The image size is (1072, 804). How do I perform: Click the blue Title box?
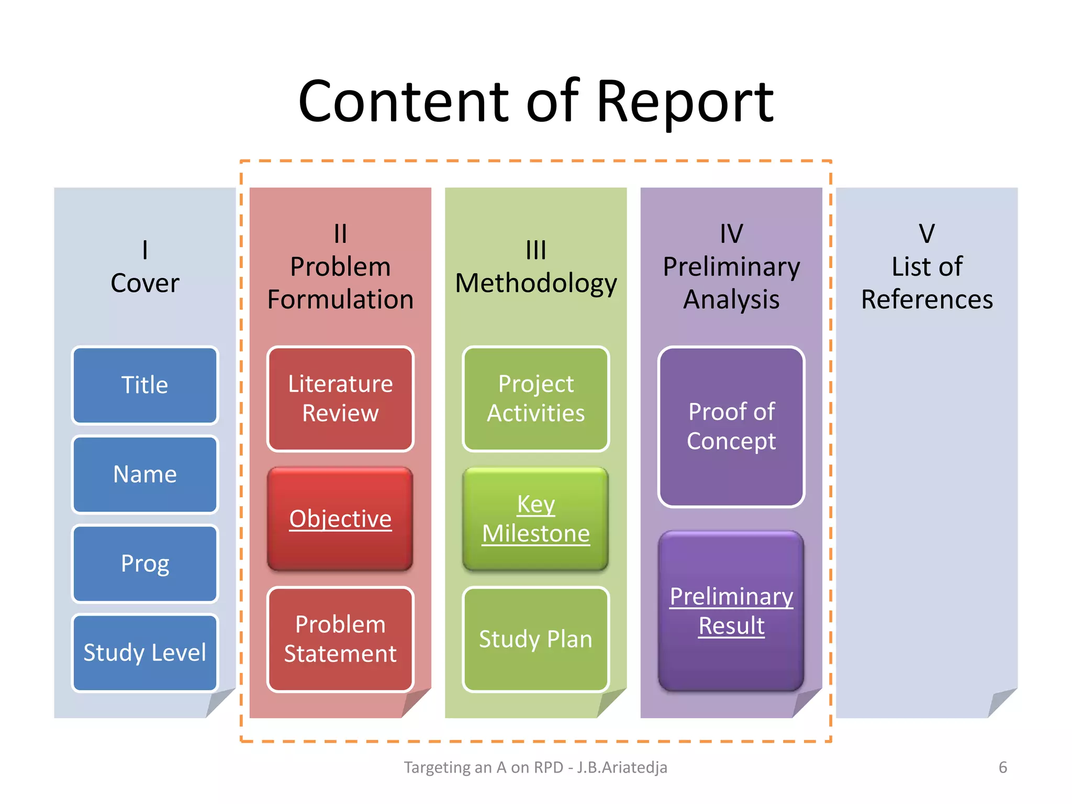click(145, 385)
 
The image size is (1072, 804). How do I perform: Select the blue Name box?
click(145, 474)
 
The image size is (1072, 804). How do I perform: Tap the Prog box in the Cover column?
click(145, 564)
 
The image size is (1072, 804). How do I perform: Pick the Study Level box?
click(145, 653)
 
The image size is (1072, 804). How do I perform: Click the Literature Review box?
click(340, 399)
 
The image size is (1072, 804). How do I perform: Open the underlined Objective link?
click(340, 519)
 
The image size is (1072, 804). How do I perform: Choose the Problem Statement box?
click(340, 639)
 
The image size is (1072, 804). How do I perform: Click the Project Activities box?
click(536, 399)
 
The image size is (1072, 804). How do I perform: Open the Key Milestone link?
click(536, 519)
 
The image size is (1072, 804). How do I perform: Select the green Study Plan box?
click(536, 639)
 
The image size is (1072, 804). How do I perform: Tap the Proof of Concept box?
click(731, 427)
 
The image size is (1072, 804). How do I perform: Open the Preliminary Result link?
click(731, 611)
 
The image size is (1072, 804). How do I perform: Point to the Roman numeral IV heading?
click(731, 233)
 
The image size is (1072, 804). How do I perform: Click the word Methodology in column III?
click(536, 284)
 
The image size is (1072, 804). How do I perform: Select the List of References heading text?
click(926, 283)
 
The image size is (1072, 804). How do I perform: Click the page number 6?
click(1002, 767)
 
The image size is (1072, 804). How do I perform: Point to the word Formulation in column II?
click(340, 300)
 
